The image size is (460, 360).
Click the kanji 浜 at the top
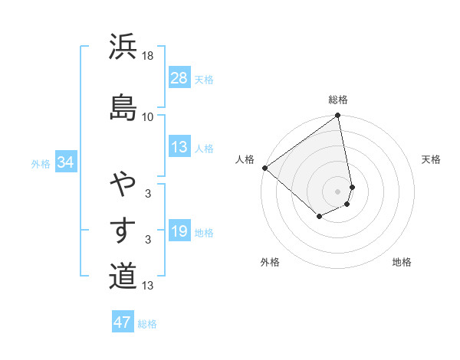[123, 47]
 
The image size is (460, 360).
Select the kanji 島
[123, 106]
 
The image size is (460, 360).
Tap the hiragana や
[123, 185]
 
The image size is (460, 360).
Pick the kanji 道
[123, 275]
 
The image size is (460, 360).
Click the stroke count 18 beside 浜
[148, 56]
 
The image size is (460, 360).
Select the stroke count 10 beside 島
[148, 116]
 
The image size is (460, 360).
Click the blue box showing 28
[179, 78]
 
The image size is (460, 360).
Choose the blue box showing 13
[179, 147]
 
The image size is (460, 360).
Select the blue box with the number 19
[179, 231]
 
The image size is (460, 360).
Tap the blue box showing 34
[65, 162]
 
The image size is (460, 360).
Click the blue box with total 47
[123, 322]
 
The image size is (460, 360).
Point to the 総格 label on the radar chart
[338, 100]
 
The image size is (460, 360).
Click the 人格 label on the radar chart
[245, 159]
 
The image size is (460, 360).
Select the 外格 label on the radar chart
[270, 262]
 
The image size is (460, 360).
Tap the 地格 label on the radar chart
[402, 262]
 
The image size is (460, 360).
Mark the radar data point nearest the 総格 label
[338, 116]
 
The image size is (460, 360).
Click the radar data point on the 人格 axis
[264, 168]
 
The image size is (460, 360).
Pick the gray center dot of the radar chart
[338, 191]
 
